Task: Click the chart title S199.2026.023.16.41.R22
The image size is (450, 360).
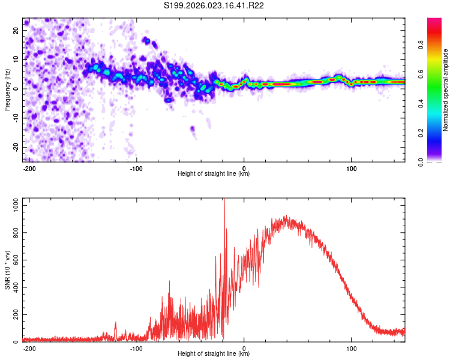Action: (214, 5)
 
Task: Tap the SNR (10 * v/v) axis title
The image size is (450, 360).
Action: (7, 271)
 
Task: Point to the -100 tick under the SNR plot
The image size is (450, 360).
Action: (136, 349)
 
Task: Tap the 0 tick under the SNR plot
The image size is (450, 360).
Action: (244, 349)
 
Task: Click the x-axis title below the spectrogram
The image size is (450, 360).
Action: (214, 174)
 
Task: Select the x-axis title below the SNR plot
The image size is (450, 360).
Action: (214, 354)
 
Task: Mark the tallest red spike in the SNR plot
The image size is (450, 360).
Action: (224, 202)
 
